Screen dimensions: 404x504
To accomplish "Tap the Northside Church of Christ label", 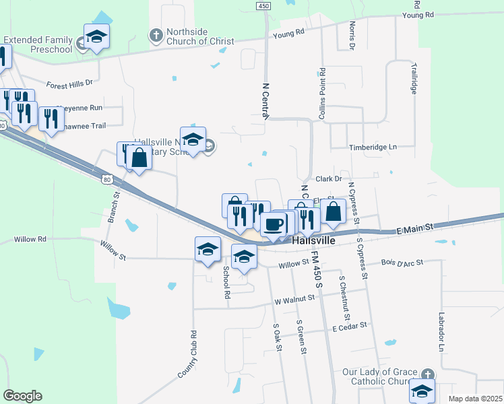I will pos(199,36).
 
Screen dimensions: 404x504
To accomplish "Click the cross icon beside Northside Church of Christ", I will pos(155,35).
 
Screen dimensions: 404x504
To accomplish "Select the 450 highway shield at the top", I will pos(263,5).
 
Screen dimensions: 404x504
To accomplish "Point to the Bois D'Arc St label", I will pos(402,263).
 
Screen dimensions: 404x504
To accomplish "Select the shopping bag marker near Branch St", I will pos(139,159).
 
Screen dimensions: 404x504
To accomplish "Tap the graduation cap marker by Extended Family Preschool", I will pos(96,37).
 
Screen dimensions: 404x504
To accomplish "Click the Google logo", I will pos(22,396).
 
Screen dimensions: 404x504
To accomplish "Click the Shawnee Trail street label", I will pos(86,126).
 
